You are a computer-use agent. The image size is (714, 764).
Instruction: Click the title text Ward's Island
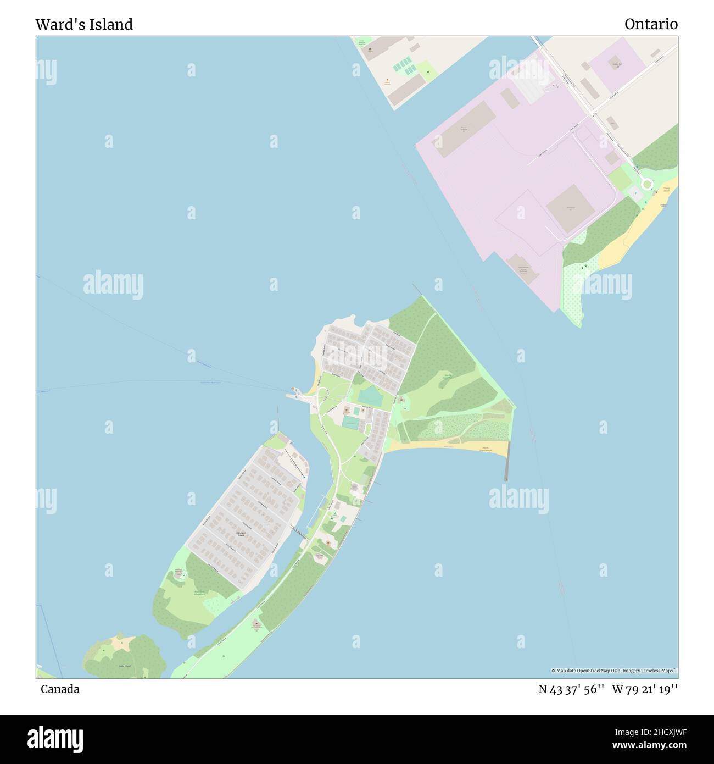pos(84,25)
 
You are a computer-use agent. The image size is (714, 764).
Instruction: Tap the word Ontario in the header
pos(651,24)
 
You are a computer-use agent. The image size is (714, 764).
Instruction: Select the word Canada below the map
pos(60,689)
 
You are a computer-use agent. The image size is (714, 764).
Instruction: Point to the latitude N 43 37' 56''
pos(571,689)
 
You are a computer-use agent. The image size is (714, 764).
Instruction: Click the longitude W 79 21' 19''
pos(645,689)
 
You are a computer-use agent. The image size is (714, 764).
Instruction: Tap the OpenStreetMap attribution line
pos(614,671)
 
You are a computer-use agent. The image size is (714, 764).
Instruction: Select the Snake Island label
pos(125,666)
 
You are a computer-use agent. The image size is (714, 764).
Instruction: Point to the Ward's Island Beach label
pos(486,450)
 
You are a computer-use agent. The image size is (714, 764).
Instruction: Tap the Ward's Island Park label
pos(448,377)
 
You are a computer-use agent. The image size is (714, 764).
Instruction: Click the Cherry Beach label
pos(666,190)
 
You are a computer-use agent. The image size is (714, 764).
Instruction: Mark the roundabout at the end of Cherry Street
pos(646,185)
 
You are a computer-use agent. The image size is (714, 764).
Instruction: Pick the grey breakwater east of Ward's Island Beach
pos(506,461)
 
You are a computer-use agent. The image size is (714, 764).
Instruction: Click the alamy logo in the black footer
pos(55,738)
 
